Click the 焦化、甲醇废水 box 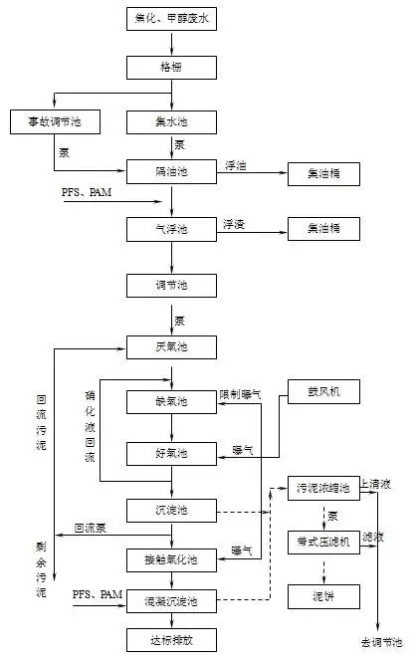171,18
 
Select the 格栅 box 171,69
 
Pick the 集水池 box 171,121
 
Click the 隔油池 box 171,172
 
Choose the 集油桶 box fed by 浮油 323,173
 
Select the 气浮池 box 171,229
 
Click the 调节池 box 171,286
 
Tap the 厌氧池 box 171,346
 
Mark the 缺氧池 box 171,401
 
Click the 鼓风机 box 323,390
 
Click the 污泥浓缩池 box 323,488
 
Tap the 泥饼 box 323,596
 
